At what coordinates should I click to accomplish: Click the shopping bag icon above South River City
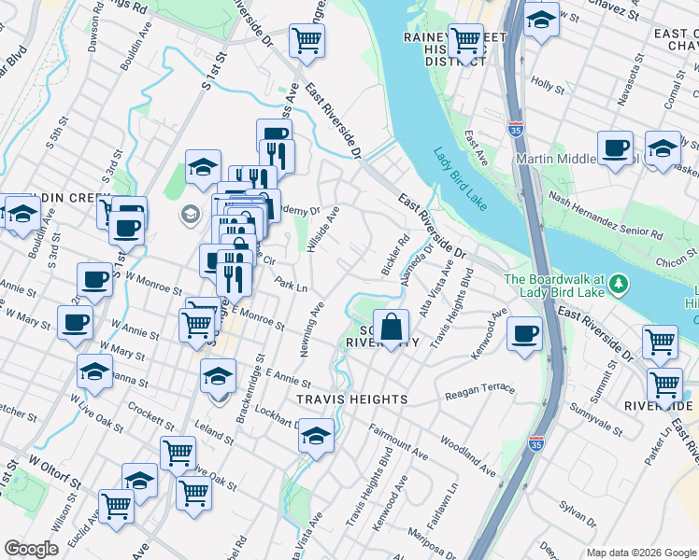[393, 328]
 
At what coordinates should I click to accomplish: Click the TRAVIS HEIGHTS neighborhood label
[351, 399]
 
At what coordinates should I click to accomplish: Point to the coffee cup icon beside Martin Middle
[615, 148]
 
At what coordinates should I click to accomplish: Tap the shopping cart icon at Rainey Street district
[465, 41]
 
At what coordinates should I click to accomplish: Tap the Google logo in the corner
[32, 549]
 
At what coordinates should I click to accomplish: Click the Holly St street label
[547, 85]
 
